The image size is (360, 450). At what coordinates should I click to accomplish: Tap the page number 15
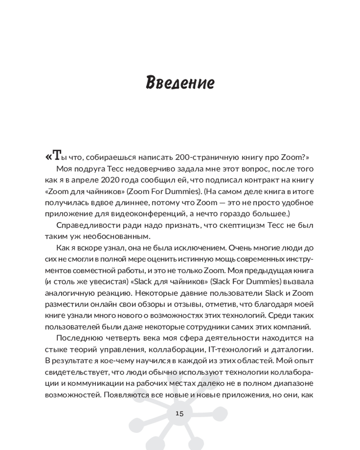(x=180, y=414)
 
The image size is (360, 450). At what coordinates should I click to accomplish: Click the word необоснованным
(x=116, y=236)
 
